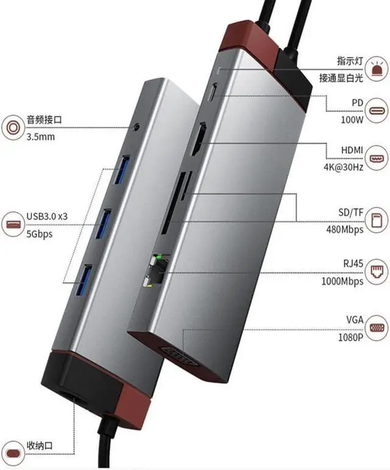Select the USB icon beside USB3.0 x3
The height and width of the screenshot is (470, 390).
(x=12, y=224)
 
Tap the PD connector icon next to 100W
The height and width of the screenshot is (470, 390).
(x=377, y=111)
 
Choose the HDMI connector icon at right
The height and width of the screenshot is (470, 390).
(x=377, y=158)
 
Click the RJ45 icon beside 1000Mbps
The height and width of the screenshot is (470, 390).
(x=377, y=273)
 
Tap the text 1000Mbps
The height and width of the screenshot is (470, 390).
(x=342, y=281)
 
